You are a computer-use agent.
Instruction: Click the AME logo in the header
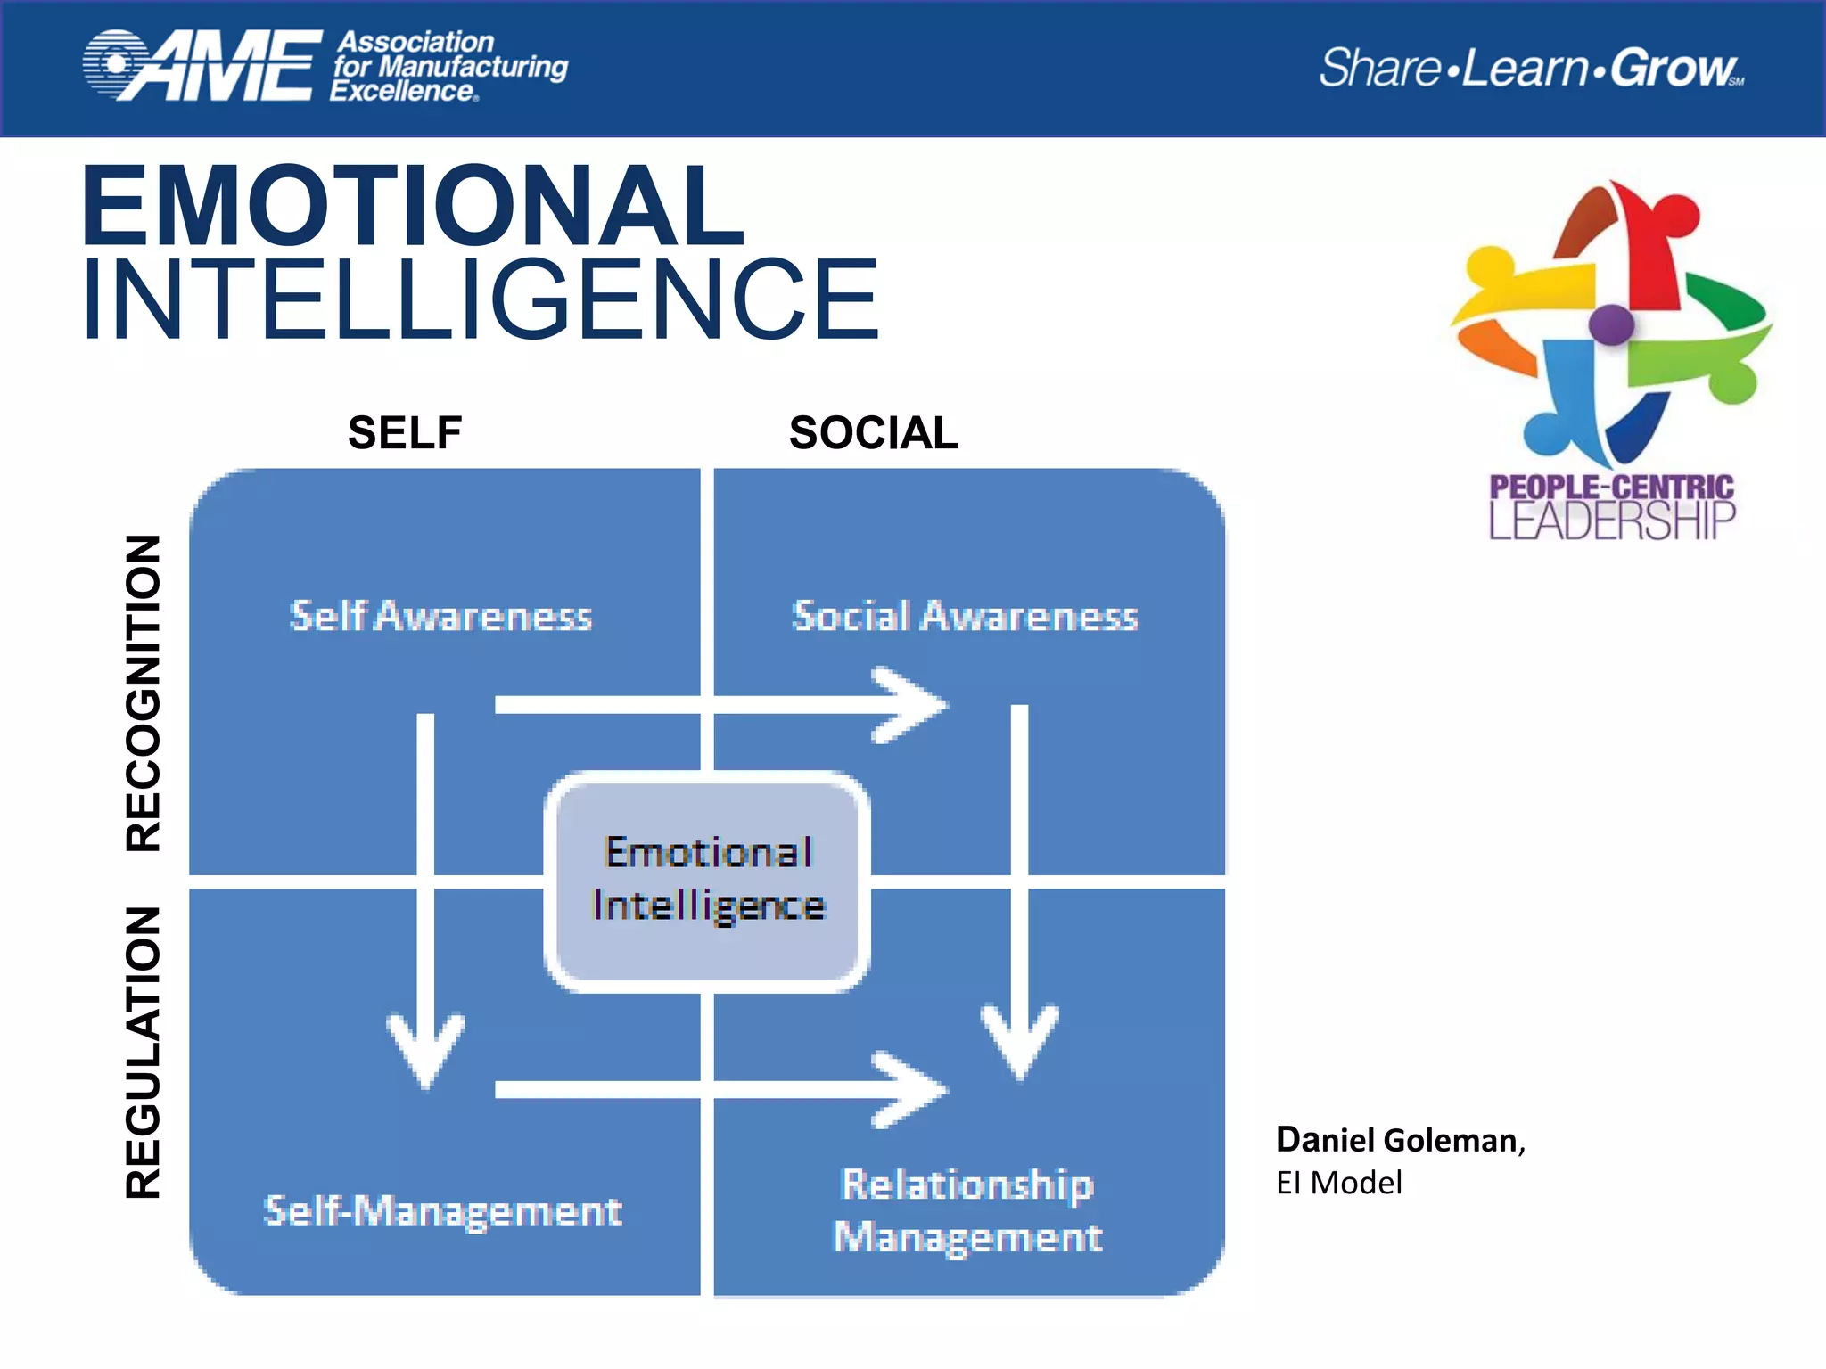(203, 66)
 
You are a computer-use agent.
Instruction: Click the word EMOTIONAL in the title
(412, 207)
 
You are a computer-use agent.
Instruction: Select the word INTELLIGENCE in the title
(481, 299)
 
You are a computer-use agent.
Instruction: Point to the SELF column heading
(405, 433)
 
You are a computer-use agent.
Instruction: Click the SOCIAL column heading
(873, 433)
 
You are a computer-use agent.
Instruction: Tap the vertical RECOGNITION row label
(144, 693)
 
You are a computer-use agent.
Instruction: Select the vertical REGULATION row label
(144, 1052)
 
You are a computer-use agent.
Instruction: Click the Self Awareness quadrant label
(440, 617)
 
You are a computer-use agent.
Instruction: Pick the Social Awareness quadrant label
(965, 617)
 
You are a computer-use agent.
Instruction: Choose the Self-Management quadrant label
(442, 1210)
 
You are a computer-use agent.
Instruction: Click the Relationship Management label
(968, 1210)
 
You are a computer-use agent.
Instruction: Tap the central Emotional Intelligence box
(708, 881)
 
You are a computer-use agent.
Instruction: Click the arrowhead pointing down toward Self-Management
(426, 1052)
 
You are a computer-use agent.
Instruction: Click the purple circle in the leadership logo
(1611, 324)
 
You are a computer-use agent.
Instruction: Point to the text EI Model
(1338, 1183)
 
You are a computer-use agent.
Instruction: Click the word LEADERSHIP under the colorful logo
(1612, 521)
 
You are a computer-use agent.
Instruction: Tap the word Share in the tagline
(1379, 69)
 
